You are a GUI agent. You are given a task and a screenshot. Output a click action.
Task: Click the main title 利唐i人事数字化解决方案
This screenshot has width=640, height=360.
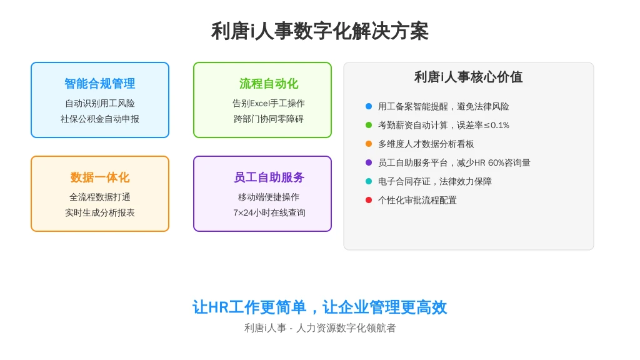point(319,31)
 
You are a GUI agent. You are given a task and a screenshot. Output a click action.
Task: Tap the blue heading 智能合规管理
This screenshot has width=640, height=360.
point(99,84)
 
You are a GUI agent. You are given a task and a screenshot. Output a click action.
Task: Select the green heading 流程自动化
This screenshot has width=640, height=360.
point(269,84)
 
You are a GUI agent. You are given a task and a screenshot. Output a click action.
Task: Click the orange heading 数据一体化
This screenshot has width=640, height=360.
point(99,177)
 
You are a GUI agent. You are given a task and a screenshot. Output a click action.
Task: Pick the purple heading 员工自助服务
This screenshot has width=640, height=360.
point(269,177)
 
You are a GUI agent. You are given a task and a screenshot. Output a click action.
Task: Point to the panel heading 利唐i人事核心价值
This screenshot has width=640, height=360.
point(468,77)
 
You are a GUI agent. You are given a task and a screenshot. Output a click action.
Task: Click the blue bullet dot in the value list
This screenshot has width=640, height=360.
point(369,106)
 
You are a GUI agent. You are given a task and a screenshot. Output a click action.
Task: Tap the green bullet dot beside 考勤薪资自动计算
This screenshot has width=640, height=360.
point(369,125)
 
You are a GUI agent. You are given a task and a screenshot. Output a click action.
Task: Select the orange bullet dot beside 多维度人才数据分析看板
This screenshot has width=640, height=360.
point(369,144)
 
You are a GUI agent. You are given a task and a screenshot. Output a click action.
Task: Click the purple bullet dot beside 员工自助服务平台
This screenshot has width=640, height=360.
point(369,163)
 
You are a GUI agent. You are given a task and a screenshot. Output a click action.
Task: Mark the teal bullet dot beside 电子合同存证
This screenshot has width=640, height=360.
point(369,182)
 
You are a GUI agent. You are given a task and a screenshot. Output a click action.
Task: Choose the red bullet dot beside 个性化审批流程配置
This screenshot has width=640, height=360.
point(369,201)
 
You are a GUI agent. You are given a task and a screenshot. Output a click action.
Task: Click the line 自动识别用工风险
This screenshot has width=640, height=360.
point(99,103)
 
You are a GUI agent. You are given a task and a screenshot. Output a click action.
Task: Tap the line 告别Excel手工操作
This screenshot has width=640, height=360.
point(269,103)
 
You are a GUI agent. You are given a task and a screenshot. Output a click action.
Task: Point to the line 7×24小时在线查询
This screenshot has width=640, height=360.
point(269,212)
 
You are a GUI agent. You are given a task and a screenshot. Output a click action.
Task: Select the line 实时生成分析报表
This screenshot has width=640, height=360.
point(99,212)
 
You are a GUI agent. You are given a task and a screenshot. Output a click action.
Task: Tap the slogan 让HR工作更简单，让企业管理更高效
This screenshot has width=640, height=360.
point(319,307)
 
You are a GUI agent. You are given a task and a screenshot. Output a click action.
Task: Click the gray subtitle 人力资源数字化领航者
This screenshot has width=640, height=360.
point(346,327)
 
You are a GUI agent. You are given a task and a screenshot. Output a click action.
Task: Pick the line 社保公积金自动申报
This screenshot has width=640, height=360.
point(99,119)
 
